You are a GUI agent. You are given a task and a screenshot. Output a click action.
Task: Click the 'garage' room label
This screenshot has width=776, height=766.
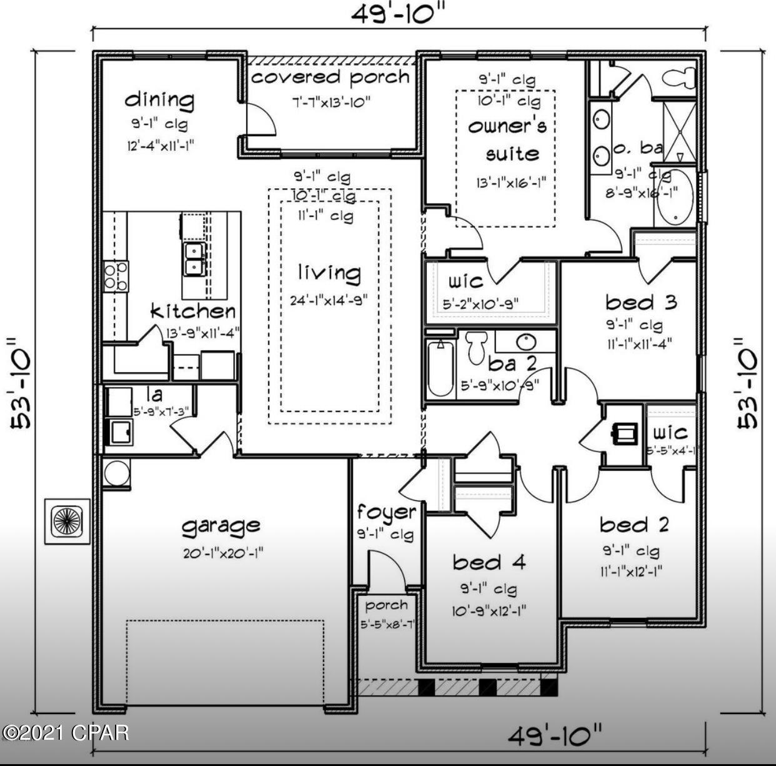click(221, 526)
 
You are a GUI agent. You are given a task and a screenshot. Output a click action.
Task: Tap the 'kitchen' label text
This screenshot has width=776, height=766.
click(193, 311)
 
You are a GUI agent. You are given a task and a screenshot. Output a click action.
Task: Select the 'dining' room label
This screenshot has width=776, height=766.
click(159, 99)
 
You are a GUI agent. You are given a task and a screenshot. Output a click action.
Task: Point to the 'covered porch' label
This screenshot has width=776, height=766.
click(330, 78)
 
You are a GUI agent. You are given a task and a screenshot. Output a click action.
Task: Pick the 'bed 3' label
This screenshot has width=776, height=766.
click(641, 303)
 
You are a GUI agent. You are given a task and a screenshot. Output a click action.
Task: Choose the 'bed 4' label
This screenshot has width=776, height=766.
click(489, 562)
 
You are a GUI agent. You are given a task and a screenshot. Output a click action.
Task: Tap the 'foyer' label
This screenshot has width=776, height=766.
click(386, 513)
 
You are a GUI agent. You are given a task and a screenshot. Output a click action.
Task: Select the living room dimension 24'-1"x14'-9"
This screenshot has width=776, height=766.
click(329, 300)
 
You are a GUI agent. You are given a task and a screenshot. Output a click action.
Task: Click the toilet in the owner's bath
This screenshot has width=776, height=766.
click(680, 78)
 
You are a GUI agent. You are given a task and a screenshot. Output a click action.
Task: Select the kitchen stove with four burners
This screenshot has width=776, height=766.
click(116, 276)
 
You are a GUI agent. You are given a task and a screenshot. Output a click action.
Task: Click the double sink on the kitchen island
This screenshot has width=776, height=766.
click(196, 259)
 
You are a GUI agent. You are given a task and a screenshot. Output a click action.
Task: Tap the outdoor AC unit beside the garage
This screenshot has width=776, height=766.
click(67, 521)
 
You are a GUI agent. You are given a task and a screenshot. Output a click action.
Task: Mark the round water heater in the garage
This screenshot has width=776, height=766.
click(116, 473)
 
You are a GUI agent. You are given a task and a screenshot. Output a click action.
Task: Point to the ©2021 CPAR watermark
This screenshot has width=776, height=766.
click(65, 732)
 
